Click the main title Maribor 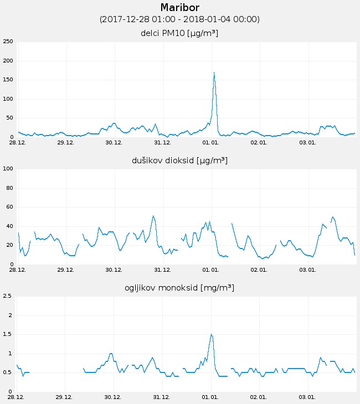179,8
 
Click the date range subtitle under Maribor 179,19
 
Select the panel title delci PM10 179,33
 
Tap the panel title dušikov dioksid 179,160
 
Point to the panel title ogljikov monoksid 179,288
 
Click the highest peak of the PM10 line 214,72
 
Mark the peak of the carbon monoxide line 211,334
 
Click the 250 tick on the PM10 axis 8,42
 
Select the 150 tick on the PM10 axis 8,80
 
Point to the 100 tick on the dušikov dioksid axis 8,169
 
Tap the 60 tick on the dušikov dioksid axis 9,207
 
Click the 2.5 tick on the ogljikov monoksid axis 8,296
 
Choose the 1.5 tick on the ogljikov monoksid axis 8,334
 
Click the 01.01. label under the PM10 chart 211,143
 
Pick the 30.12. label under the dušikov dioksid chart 114,270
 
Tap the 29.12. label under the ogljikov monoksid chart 65,397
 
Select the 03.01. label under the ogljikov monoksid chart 307,397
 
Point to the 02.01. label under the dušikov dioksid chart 259,270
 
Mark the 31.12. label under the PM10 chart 162,143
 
